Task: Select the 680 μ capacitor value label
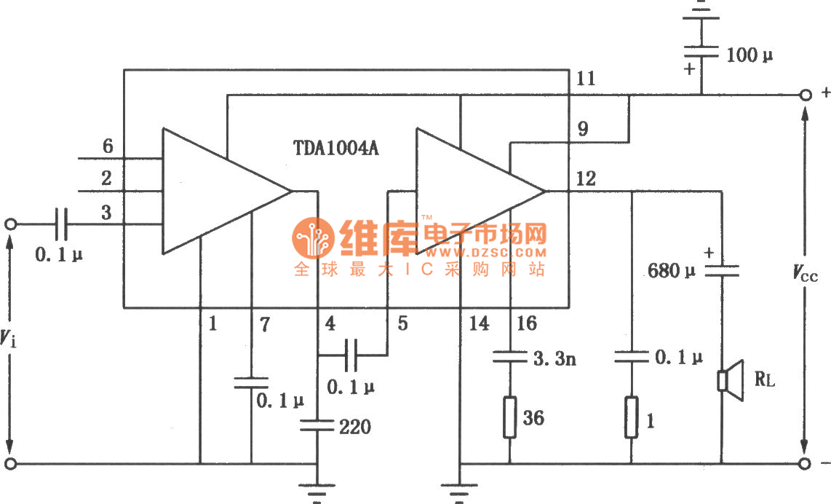point(672,272)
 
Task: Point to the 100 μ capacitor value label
point(750,54)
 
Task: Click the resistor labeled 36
point(509,418)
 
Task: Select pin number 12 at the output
point(585,178)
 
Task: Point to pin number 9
point(583,130)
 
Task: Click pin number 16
point(526,323)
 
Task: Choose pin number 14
point(479,323)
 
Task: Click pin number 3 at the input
point(107,213)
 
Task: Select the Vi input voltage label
point(7,337)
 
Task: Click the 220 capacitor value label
point(355,427)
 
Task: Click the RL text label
point(765,379)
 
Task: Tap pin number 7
point(264,324)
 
